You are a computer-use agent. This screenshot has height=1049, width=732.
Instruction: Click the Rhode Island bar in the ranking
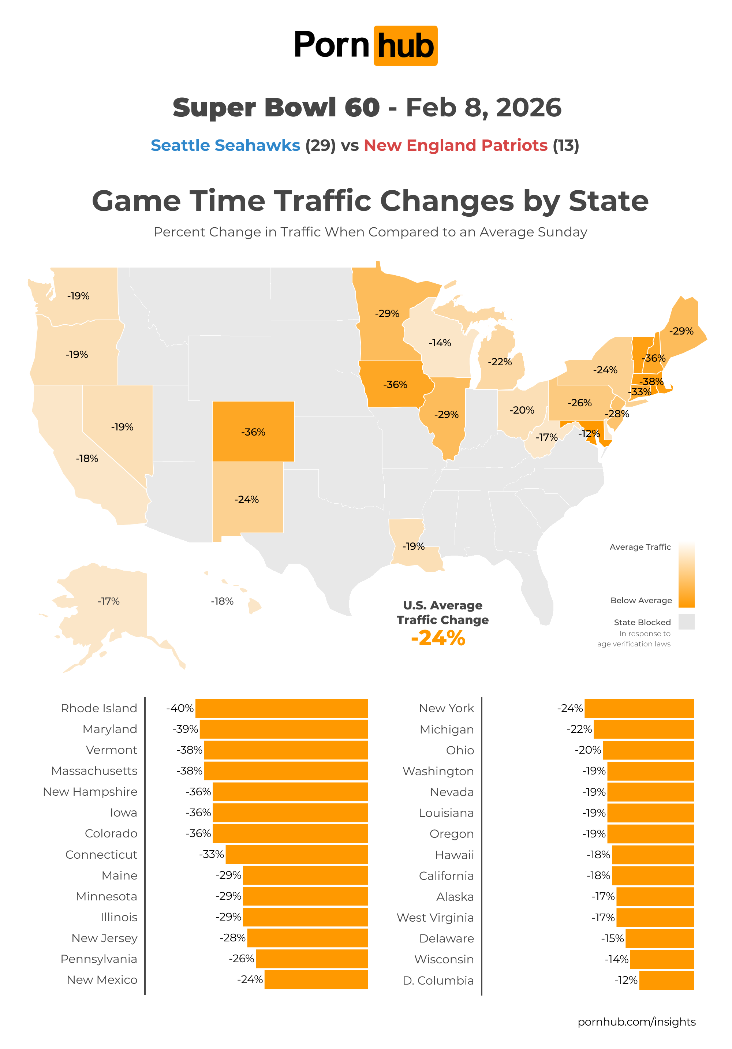pos(281,708)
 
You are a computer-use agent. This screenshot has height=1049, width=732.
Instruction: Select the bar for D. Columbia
pos(666,981)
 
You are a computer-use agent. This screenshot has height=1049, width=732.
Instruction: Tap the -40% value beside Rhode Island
pos(180,708)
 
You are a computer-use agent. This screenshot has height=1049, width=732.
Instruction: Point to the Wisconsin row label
pos(444,959)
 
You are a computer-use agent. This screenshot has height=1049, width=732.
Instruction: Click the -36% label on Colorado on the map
pos(253,432)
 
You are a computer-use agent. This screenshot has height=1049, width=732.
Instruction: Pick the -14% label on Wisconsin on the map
pos(440,343)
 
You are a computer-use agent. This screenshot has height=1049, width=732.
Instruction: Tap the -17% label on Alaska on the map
pos(108,601)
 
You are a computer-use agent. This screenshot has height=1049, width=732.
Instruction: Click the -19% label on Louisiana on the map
pos(414,546)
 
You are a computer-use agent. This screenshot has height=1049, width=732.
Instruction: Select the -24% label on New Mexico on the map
pos(247,499)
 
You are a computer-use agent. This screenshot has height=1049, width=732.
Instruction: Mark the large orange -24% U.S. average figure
pos(438,638)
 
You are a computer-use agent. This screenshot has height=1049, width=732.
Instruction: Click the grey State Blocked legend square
pos(686,622)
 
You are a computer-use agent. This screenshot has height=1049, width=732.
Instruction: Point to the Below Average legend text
pos(641,600)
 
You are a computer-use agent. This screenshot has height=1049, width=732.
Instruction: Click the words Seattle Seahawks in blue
pos(225,145)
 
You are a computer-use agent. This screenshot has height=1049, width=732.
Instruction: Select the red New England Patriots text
pos(456,145)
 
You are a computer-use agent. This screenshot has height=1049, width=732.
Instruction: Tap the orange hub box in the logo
pos(405,46)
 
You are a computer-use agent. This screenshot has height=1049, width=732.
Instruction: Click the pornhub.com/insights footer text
pos(636,1022)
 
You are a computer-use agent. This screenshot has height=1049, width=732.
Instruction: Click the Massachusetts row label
pos(94,771)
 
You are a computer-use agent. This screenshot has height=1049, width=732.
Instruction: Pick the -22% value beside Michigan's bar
pos(579,729)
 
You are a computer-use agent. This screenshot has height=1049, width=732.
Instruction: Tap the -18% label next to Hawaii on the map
pos(222,601)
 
